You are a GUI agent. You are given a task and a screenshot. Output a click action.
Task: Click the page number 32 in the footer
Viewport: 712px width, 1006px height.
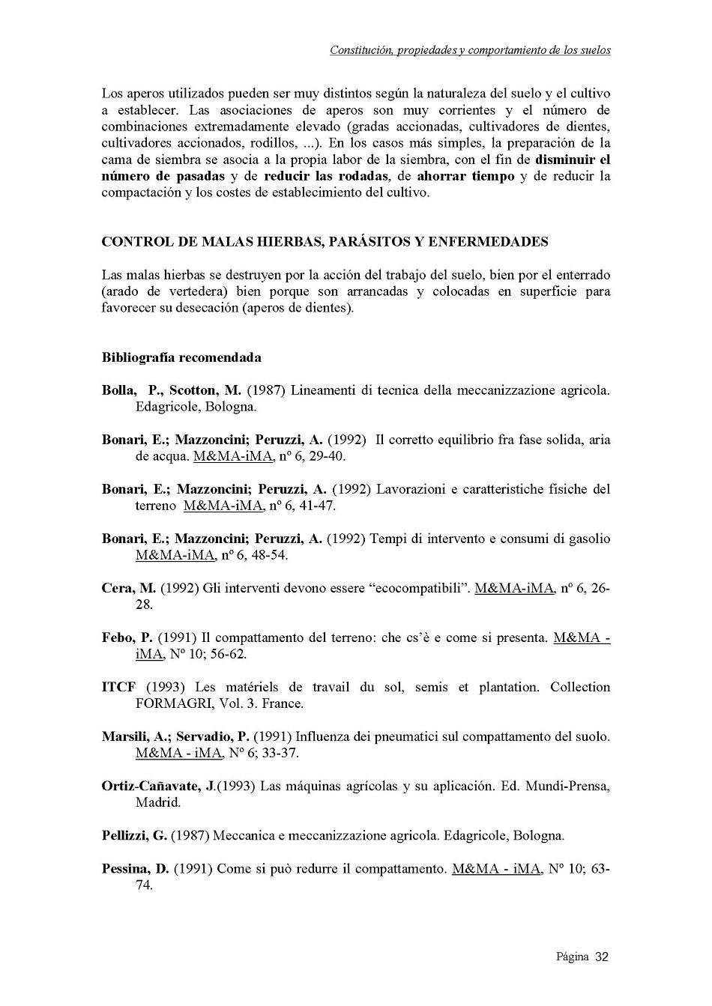click(x=602, y=957)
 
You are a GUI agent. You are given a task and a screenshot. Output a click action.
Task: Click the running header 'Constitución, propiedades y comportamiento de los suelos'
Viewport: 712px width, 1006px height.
click(x=470, y=50)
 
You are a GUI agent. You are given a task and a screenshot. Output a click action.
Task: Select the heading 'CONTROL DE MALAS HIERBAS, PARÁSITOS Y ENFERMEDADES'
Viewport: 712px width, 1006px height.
click(x=325, y=242)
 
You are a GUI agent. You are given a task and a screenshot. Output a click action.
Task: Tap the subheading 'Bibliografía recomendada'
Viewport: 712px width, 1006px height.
click(x=181, y=357)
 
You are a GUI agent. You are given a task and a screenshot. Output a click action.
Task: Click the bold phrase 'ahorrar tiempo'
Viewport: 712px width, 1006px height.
click(x=465, y=176)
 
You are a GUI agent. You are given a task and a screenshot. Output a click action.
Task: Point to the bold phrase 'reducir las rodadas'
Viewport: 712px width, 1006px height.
click(x=326, y=176)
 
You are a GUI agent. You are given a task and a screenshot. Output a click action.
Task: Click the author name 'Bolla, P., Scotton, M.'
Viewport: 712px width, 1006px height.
click(x=171, y=390)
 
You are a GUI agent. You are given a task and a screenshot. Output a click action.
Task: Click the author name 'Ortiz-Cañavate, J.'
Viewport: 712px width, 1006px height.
click(x=158, y=786)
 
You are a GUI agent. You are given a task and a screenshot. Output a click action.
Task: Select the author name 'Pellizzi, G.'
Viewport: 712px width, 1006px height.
click(x=134, y=835)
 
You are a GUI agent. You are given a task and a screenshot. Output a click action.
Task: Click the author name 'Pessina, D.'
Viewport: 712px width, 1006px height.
click(x=135, y=869)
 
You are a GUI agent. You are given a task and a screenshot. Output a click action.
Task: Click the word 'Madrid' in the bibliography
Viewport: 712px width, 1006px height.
click(x=157, y=802)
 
